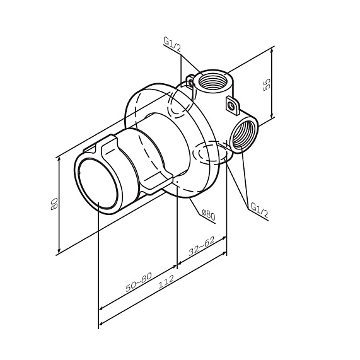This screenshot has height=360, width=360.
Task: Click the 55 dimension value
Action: click(x=267, y=84)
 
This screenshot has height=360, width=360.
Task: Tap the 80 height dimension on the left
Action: click(x=55, y=204)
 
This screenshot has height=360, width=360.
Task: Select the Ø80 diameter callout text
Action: click(x=209, y=215)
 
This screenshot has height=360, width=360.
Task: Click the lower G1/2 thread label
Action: click(x=259, y=209)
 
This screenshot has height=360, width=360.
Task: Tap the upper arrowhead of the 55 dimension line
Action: click(x=272, y=50)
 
